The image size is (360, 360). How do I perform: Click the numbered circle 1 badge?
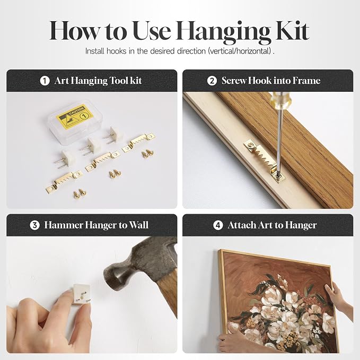(45, 81)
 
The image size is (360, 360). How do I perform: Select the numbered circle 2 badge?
(212, 81)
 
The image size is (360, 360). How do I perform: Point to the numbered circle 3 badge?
(34, 225)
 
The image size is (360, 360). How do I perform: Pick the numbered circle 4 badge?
(218, 225)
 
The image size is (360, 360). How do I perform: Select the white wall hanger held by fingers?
(81, 294)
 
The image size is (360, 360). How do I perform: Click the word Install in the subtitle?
(94, 51)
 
